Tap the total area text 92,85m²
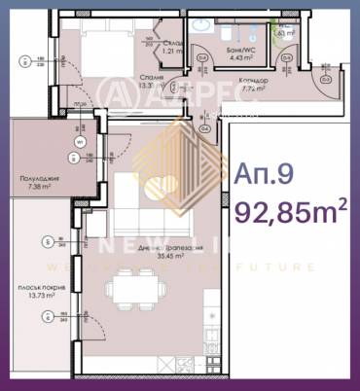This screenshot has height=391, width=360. click(x=290, y=210)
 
